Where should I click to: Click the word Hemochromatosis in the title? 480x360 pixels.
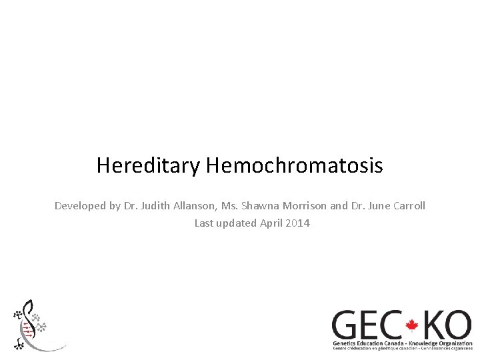tap(294, 165)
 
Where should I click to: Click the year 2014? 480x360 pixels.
tap(297, 223)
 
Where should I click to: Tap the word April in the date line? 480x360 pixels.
tap(270, 223)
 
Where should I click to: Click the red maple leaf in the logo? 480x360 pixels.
tap(411, 326)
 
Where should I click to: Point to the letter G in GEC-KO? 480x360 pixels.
tap(348, 325)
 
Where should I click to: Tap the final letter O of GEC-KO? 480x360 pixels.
tap(459, 325)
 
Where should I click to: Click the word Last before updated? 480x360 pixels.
tap(204, 223)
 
